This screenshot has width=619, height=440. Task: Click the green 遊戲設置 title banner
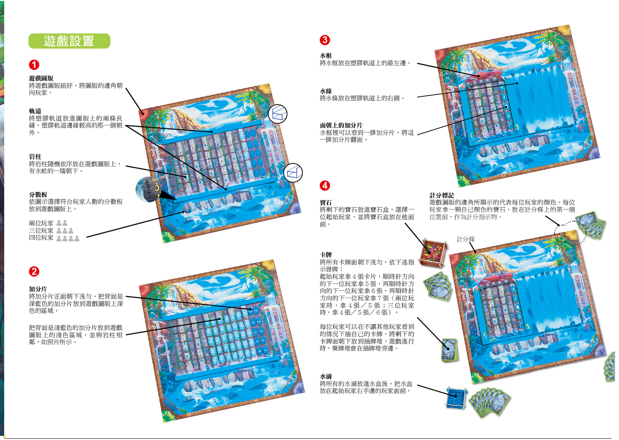tap(69, 41)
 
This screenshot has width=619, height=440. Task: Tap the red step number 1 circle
tap(34, 65)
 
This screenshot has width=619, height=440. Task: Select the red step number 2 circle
tap(34, 271)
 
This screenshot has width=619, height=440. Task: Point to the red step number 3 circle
tap(325, 40)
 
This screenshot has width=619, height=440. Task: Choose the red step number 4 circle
tap(325, 186)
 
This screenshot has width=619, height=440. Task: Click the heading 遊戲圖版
tap(41, 78)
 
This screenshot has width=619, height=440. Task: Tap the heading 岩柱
tap(35, 157)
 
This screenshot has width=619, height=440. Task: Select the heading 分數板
tap(38, 195)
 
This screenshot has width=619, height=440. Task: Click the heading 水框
tap(326, 55)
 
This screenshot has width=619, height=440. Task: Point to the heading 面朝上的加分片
tap(341, 125)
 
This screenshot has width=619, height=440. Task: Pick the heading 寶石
tap(326, 202)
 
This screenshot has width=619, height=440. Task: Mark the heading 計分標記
tap(441, 195)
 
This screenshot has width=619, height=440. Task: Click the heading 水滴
tap(326, 376)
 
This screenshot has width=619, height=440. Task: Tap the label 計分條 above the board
tap(465, 239)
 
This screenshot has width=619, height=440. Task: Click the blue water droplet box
tap(456, 397)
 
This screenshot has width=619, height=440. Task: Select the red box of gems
tap(433, 252)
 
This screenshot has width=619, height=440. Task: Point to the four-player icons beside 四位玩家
tap(68, 238)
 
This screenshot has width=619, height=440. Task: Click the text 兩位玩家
tap(41, 223)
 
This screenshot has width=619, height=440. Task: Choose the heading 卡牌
tap(326, 255)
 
